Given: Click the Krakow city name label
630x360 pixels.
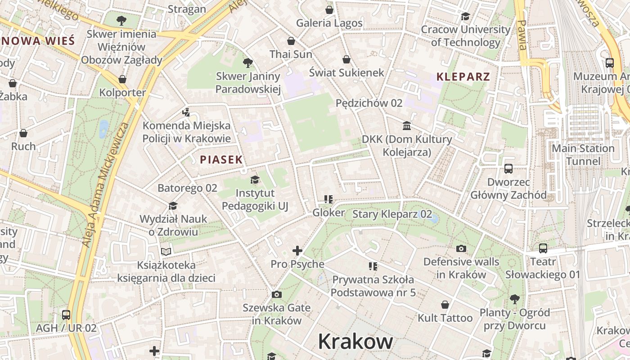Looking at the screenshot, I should click(355, 342).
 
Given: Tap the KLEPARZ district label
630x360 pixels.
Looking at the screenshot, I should click(463, 76).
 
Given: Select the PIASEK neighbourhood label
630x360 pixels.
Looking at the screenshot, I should click(221, 159).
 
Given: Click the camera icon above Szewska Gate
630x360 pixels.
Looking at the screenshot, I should click(277, 294).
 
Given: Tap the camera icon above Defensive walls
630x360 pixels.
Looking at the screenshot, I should click(461, 248).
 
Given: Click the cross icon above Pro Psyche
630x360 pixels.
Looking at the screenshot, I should click(297, 251).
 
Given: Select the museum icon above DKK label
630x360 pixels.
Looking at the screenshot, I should click(407, 126).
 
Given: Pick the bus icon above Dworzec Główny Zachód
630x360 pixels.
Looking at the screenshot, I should click(508, 169).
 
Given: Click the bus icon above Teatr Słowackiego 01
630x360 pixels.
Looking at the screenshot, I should click(543, 248).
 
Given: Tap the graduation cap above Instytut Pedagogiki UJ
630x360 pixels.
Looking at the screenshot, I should click(255, 180).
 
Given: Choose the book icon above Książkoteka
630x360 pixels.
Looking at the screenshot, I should click(166, 252).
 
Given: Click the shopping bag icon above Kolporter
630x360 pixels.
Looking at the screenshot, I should click(122, 80).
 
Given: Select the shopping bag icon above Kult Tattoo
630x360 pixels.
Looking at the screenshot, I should click(445, 305).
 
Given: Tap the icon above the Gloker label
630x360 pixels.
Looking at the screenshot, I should click(328, 199).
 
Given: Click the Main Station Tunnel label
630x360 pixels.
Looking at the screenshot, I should click(583, 155).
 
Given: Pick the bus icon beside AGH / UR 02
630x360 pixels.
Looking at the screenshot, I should click(66, 315).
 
